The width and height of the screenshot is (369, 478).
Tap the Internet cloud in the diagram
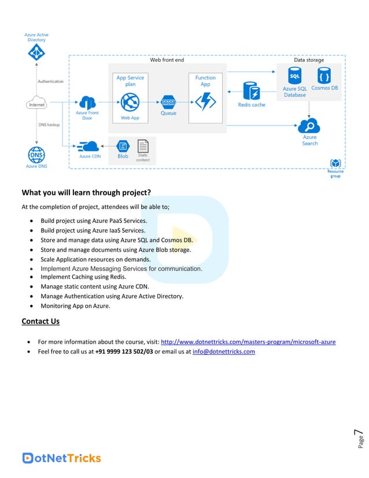pos(36,105)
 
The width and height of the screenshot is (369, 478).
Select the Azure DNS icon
pos(36,155)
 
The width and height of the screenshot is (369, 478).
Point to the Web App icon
pos(130,103)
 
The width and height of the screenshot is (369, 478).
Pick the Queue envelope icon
pos(168,102)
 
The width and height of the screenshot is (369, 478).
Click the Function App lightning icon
pos(205,101)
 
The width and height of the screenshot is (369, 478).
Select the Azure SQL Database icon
pos(294,76)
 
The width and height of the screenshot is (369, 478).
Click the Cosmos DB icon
pos(324,76)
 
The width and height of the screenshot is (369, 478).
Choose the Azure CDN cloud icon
pos(90,146)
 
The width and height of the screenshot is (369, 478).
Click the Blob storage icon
pos(123,146)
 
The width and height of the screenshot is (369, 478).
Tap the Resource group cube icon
pos(335,164)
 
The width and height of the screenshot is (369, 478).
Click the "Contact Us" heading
pos(40,321)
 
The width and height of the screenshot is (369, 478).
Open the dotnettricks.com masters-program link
pos(248,341)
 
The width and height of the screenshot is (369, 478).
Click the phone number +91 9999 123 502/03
pos(124,351)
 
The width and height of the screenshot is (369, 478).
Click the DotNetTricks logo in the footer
pos(61,458)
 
